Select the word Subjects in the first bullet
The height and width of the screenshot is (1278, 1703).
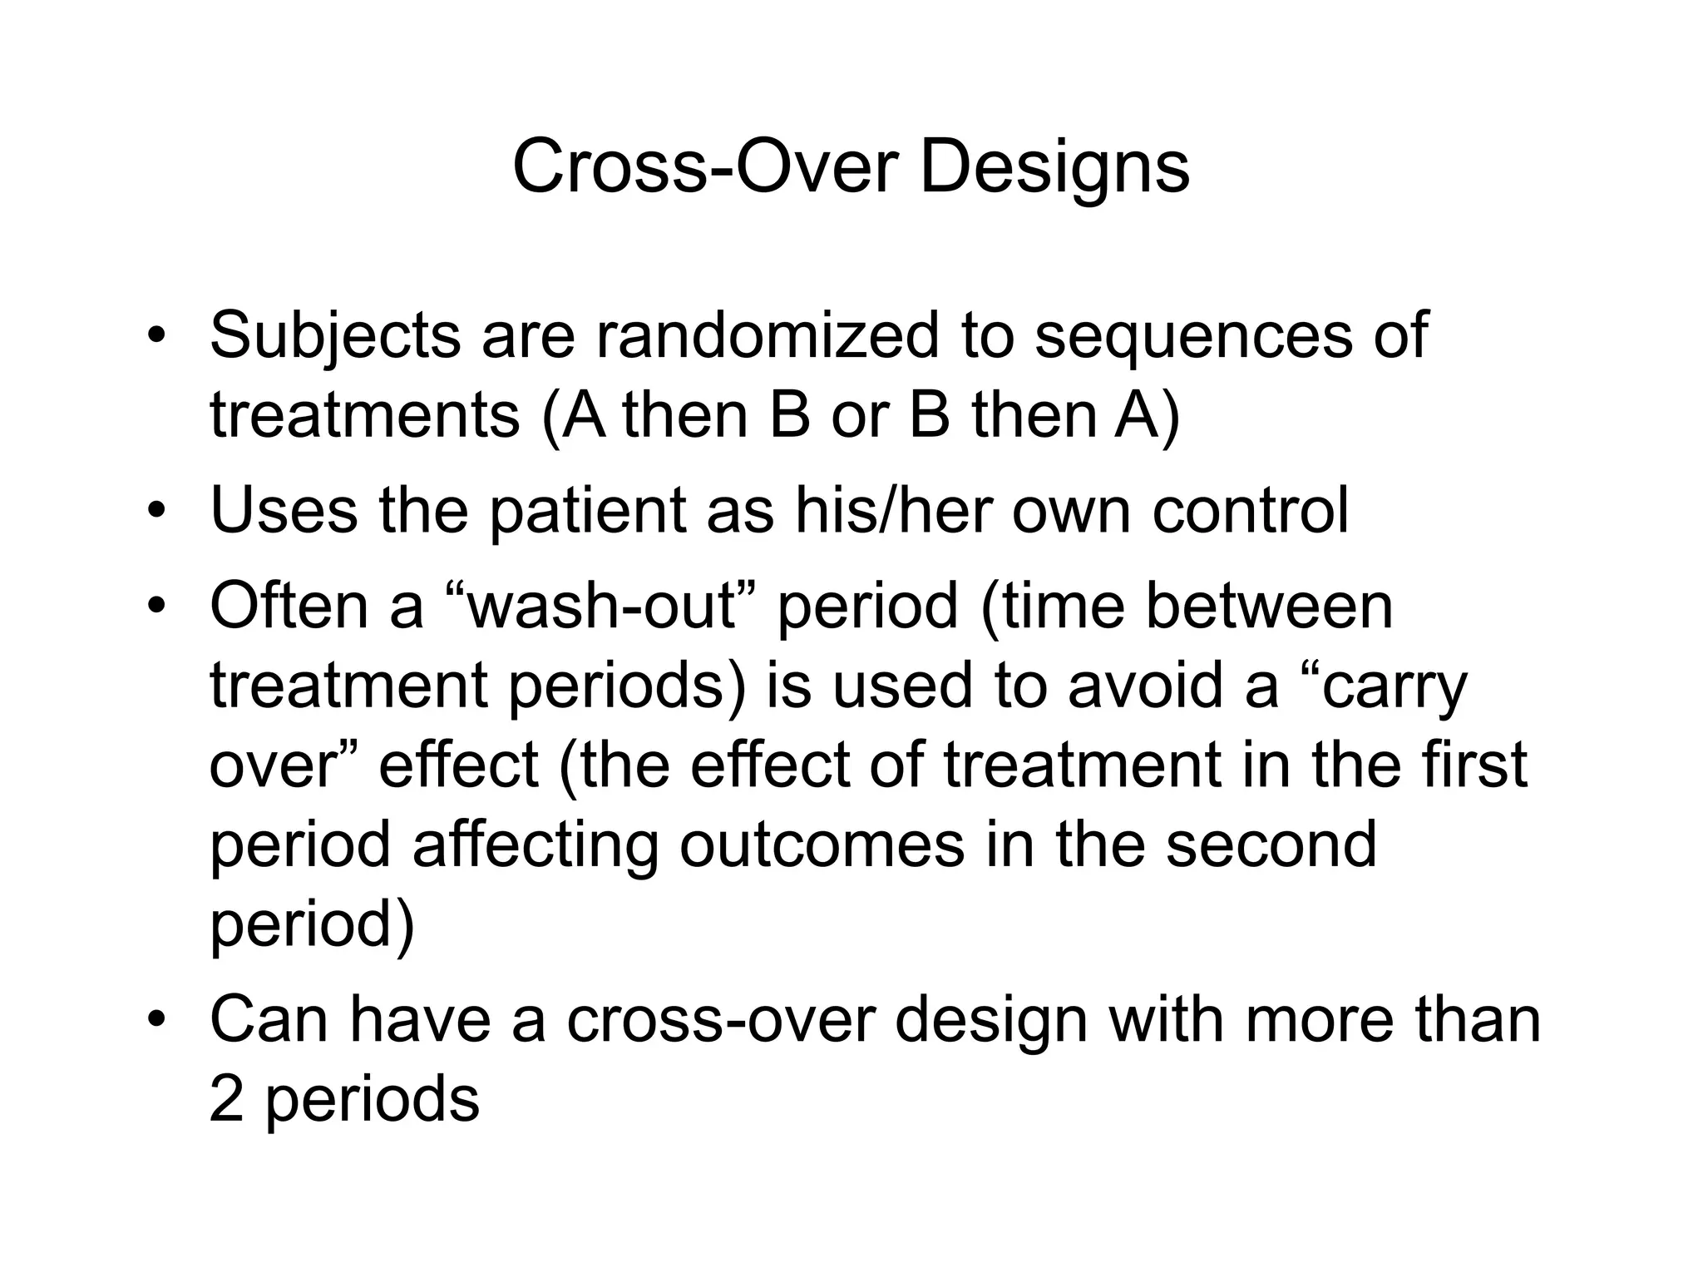pyautogui.click(x=334, y=335)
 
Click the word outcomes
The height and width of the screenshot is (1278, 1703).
pyautogui.click(x=822, y=845)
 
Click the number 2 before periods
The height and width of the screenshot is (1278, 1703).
pyautogui.click(x=225, y=1099)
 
